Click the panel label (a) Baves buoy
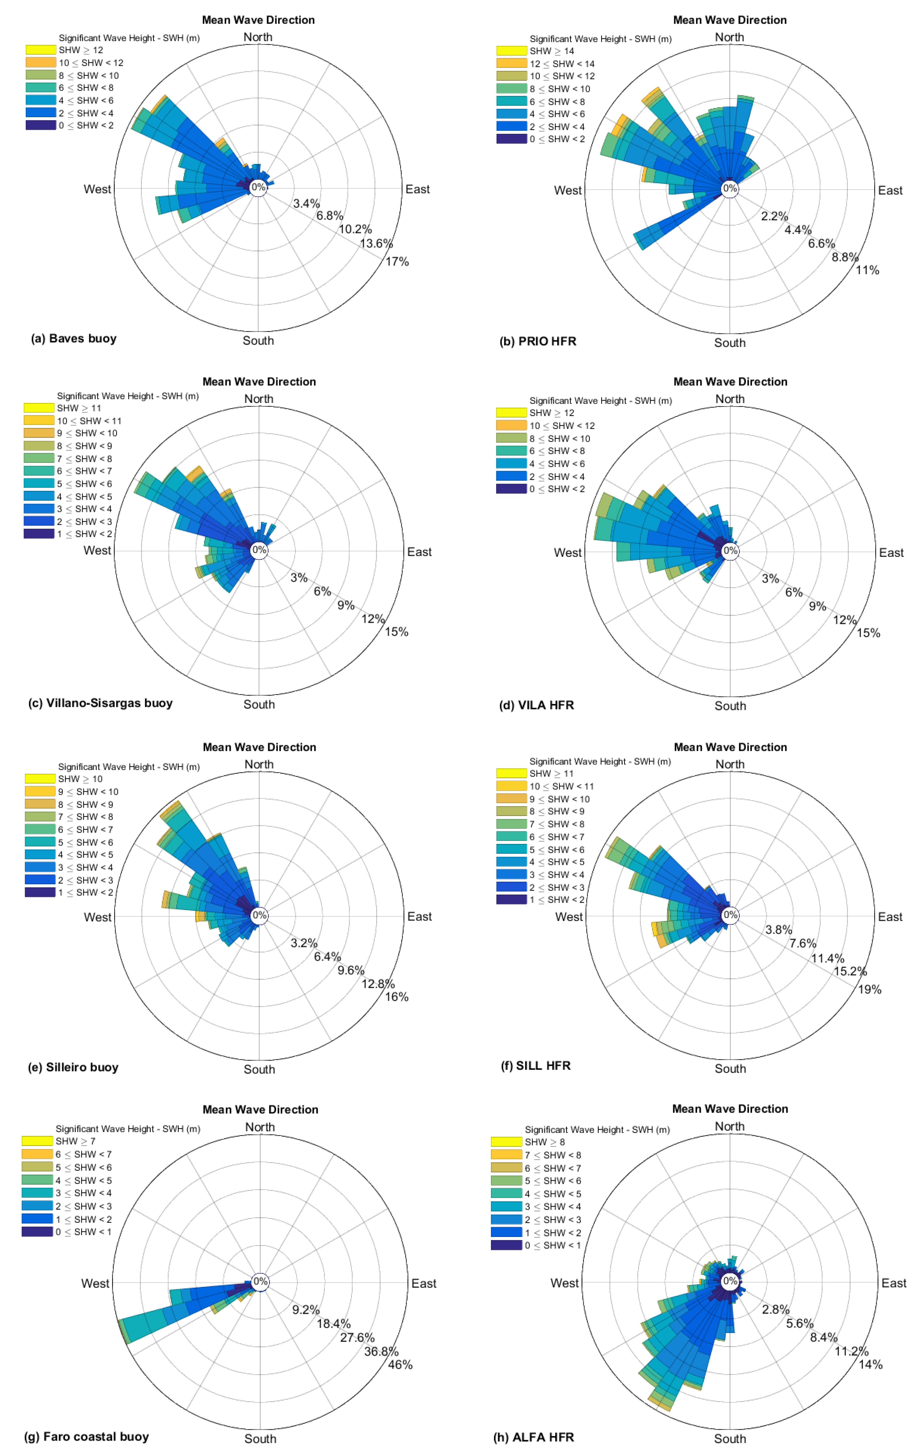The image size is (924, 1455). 74,338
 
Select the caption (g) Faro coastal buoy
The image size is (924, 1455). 86,1436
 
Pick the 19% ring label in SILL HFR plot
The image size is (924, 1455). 870,989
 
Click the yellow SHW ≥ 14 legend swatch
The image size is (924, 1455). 511,51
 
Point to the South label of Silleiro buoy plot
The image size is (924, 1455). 259,1069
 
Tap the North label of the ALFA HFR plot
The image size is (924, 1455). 729,1126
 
